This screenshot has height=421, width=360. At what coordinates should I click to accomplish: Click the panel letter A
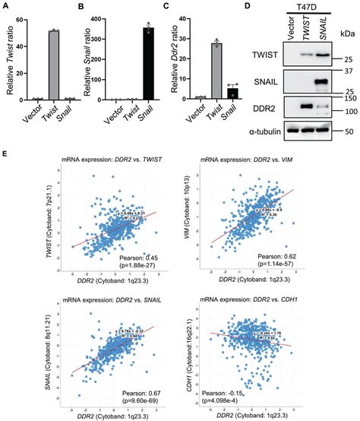click(6, 8)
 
